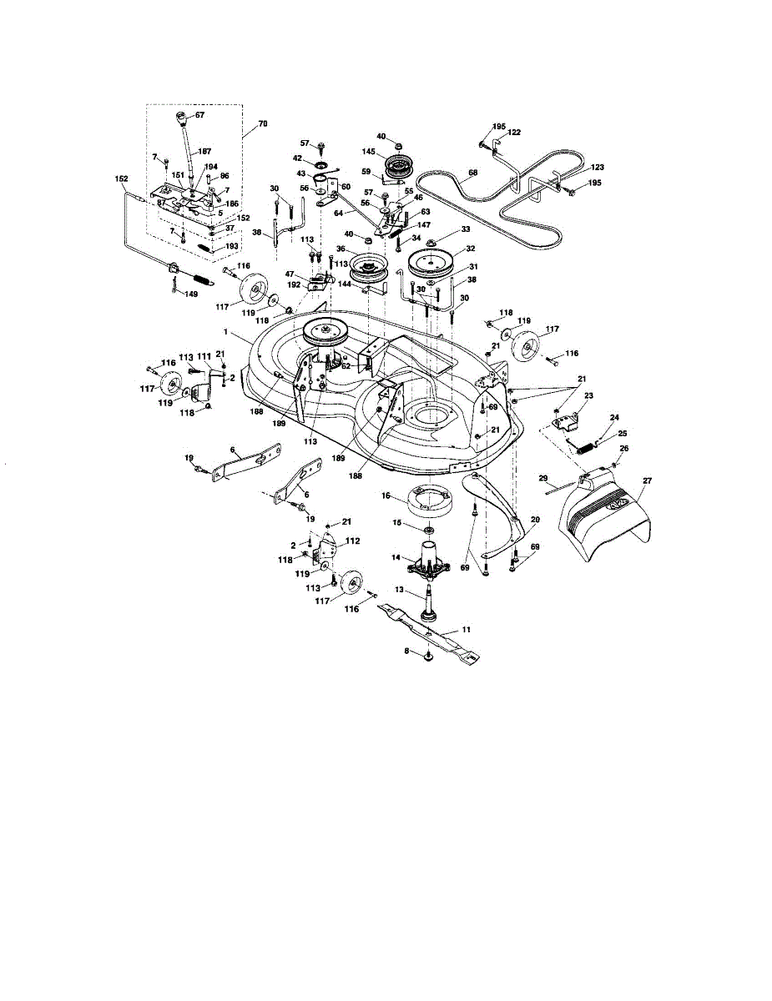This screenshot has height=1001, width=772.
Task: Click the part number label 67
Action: click(200, 114)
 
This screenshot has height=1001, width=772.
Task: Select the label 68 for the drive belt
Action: click(472, 174)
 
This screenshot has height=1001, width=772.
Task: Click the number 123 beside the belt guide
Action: click(597, 168)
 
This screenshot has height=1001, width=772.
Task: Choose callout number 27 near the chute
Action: click(646, 481)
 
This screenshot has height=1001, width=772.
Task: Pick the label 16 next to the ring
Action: click(386, 495)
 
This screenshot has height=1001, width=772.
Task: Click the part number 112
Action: click(353, 541)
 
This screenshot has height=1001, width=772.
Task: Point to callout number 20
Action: click(534, 518)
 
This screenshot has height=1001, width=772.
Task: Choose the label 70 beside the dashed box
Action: click(263, 124)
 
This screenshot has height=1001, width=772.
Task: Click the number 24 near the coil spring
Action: click(614, 417)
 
